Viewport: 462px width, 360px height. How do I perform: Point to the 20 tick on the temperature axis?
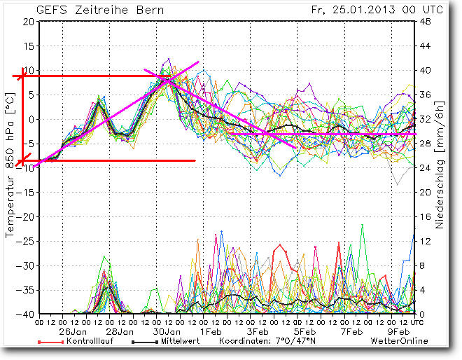pos(28,22)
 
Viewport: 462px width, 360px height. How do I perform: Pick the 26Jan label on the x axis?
pos(73,331)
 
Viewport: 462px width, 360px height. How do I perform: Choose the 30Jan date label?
pos(167,331)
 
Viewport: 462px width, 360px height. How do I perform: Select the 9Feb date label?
pos(398,331)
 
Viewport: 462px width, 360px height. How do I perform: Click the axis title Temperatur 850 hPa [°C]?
pos(10,168)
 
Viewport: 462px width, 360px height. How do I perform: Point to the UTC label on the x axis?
pos(417,321)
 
